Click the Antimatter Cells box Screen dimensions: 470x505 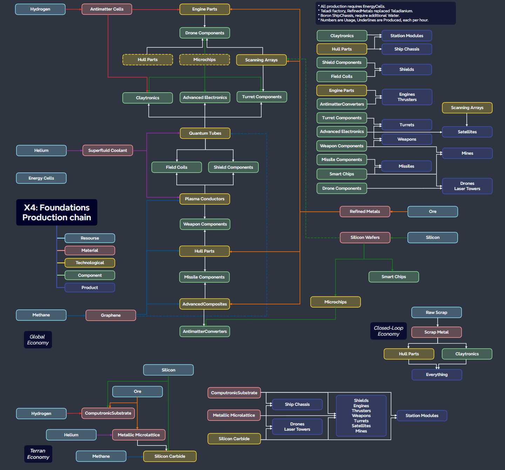pyautogui.click(x=107, y=9)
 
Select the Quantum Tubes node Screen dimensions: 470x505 pyautogui.click(x=205, y=133)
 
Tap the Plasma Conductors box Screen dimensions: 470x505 pyautogui.click(x=205, y=199)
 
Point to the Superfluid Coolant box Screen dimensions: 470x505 pyautogui.click(x=108, y=150)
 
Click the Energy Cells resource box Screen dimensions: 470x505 pyautogui.click(x=41, y=178)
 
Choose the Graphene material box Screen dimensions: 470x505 pyautogui.click(x=111, y=315)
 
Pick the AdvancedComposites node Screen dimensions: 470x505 pyautogui.click(x=205, y=304)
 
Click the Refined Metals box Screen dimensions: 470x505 pyautogui.click(x=365, y=211)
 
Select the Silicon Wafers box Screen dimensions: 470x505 pyautogui.click(x=365, y=237)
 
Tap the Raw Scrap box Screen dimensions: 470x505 pyautogui.click(x=436, y=313)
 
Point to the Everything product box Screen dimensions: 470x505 pyautogui.click(x=437, y=375)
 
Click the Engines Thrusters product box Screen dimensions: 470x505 pyautogui.click(x=407, y=97)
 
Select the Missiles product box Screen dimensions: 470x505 pyautogui.click(x=406, y=166)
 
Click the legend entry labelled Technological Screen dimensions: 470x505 pyautogui.click(x=90, y=263)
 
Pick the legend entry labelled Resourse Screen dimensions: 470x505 pyautogui.click(x=90, y=238)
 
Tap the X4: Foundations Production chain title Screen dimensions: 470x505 pyautogui.click(x=57, y=213)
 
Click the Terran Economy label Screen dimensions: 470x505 pyautogui.click(x=38, y=454)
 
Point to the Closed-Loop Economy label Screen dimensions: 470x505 pyautogui.click(x=389, y=331)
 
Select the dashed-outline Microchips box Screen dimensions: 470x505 pyautogui.click(x=204, y=60)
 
